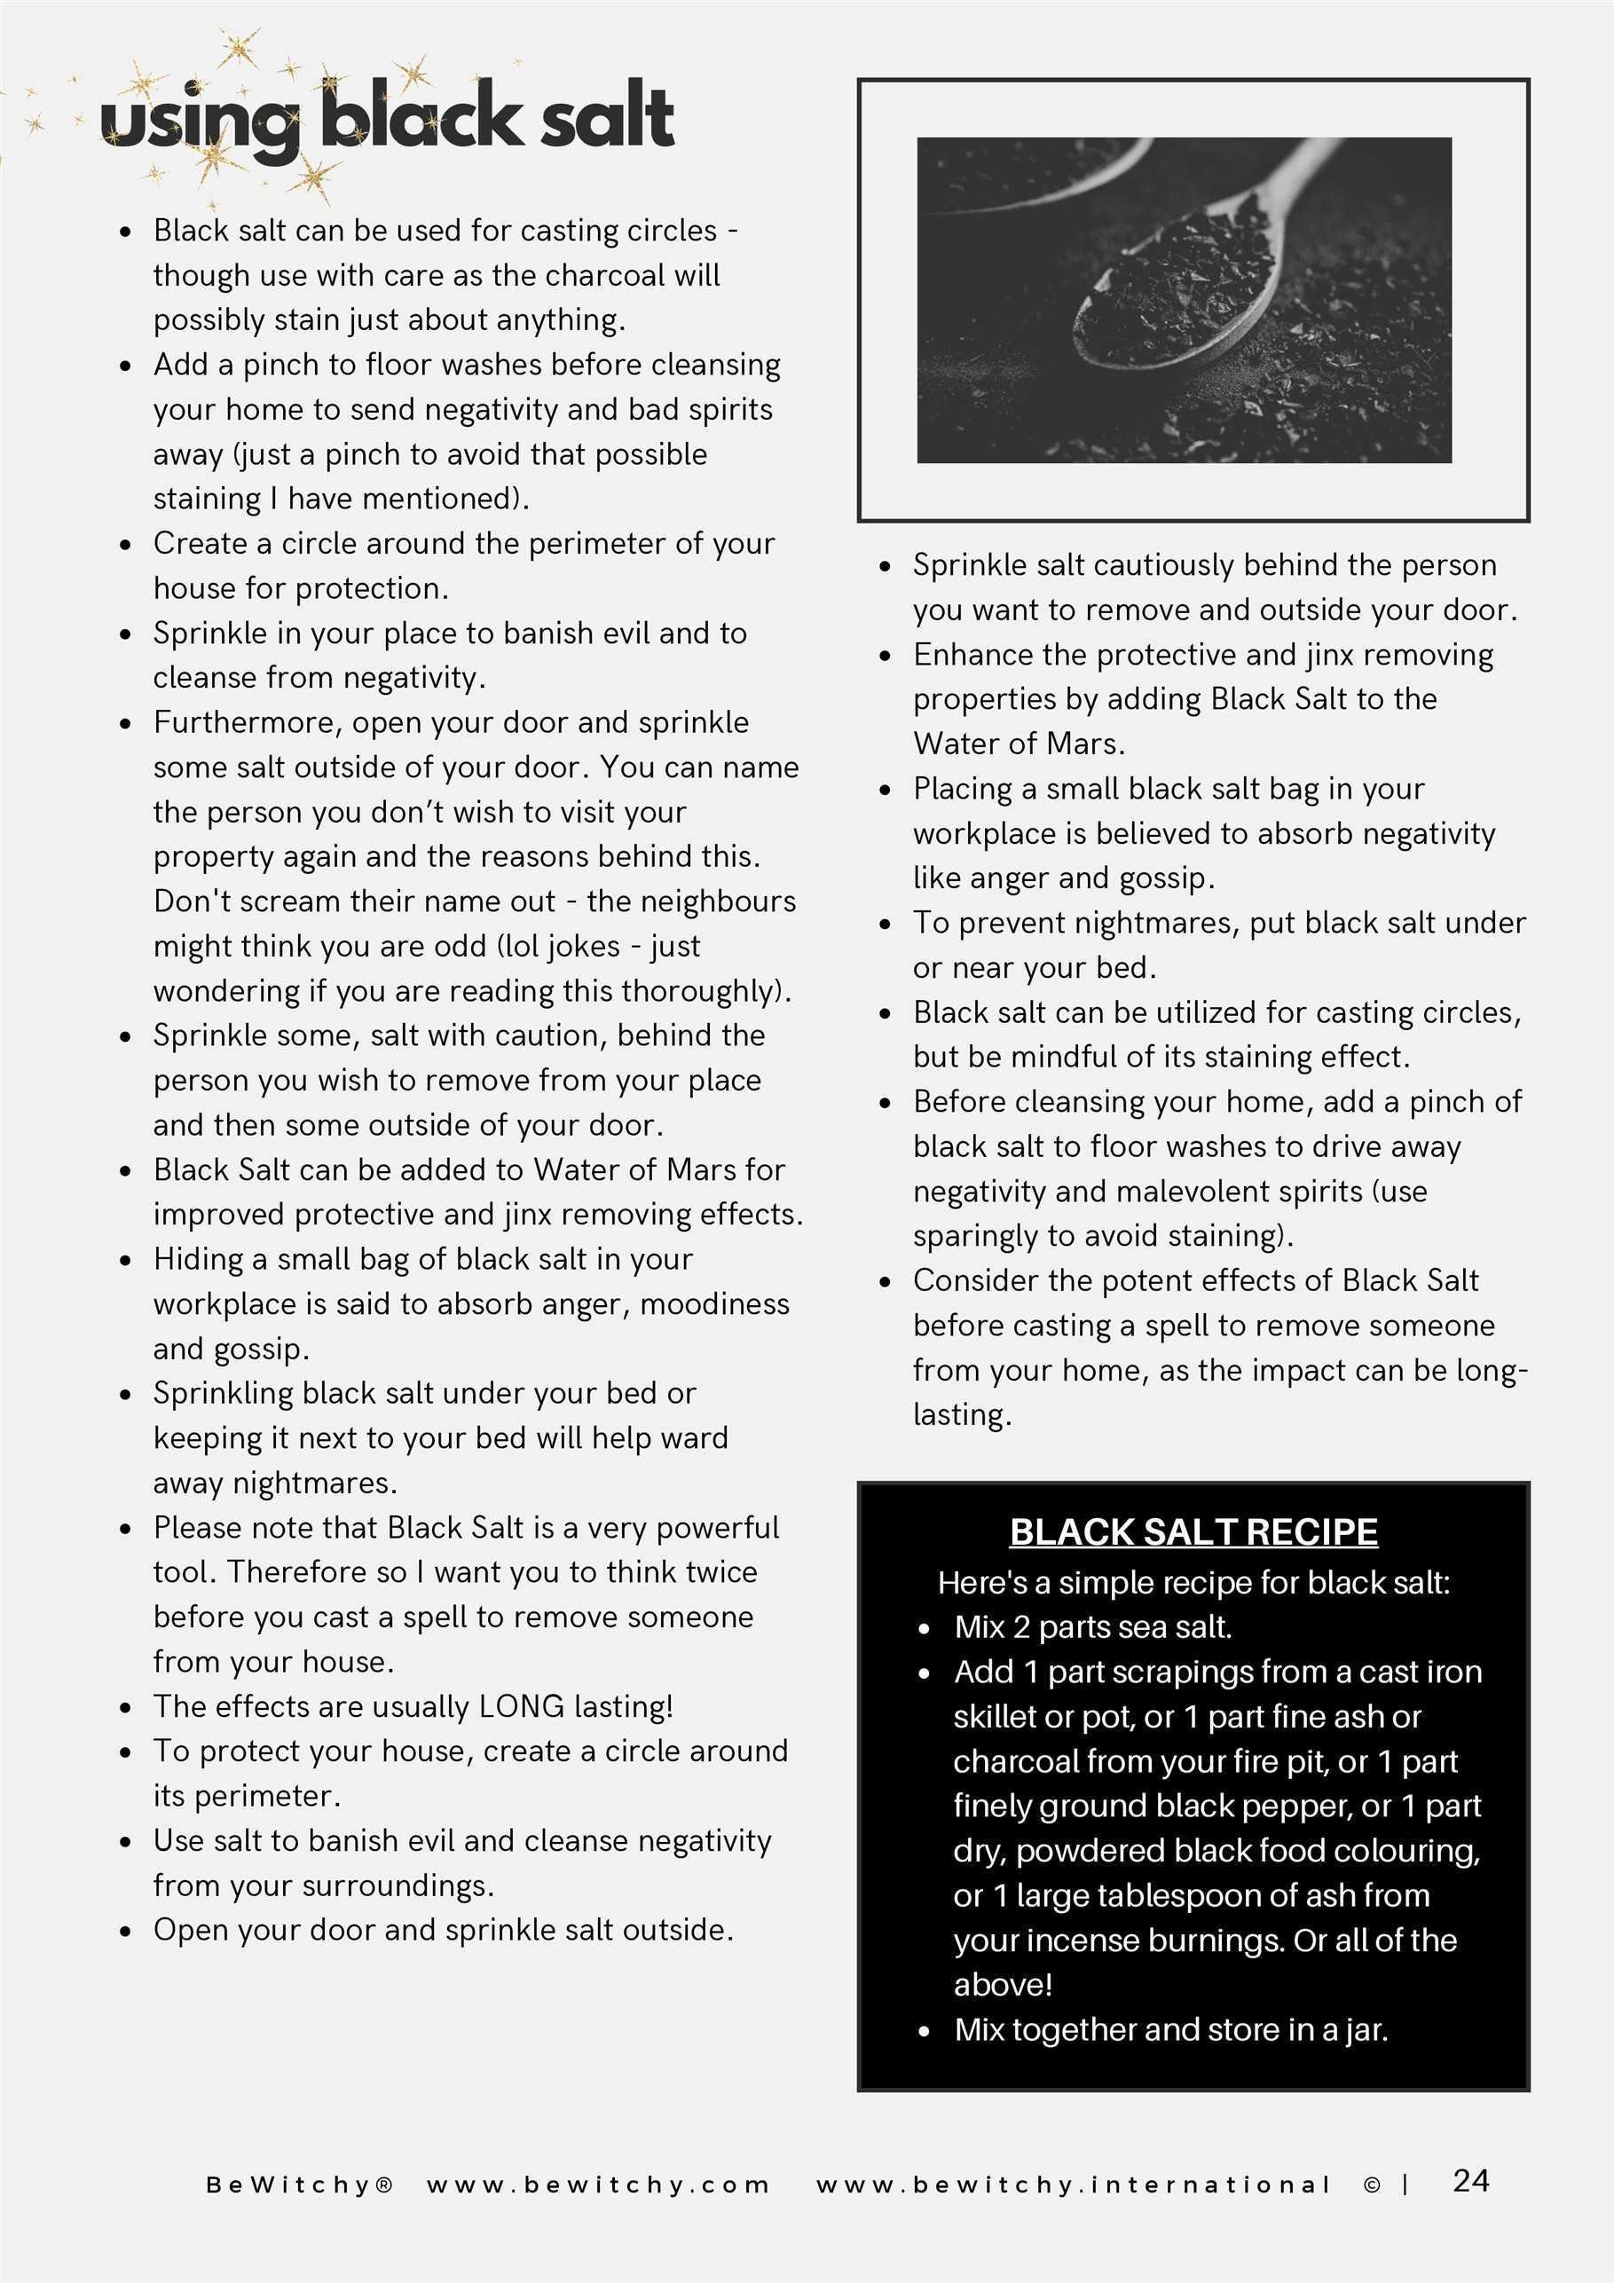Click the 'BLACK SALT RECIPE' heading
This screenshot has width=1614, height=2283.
[x=1193, y=1531]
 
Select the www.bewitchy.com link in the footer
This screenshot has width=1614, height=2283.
[x=598, y=2185]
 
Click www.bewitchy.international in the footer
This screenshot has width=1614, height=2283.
[x=1073, y=2185]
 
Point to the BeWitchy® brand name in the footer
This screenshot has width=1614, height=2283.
[x=299, y=2185]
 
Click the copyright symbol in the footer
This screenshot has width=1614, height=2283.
[x=1372, y=2185]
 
